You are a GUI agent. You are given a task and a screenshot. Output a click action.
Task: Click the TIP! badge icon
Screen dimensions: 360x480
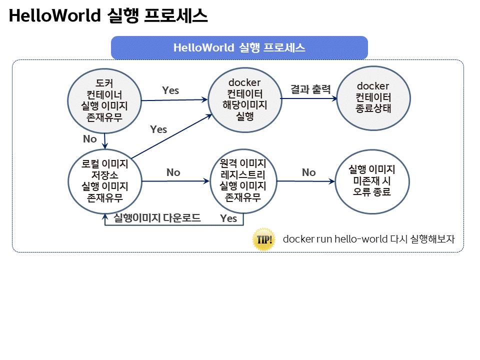(x=263, y=239)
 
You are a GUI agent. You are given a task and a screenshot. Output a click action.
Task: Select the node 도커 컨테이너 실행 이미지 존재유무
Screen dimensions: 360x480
(x=105, y=100)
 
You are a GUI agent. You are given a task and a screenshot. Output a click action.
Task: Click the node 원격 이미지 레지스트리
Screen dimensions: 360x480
(x=243, y=180)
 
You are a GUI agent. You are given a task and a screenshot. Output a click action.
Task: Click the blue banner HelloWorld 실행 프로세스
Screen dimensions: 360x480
(x=239, y=47)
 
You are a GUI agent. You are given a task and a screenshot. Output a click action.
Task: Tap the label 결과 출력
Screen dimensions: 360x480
(x=310, y=90)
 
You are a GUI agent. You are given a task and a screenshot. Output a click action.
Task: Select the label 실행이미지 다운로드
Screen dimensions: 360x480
(x=157, y=217)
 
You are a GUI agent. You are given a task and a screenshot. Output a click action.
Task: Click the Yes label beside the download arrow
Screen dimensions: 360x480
(x=228, y=218)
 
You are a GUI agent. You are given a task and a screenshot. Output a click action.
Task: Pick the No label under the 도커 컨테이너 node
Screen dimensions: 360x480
(x=90, y=139)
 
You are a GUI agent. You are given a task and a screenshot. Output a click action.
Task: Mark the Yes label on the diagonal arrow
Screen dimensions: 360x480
(x=158, y=129)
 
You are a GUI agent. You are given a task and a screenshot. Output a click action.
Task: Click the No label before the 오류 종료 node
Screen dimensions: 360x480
(x=308, y=172)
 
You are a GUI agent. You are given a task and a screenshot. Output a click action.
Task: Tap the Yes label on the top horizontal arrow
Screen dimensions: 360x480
(x=170, y=90)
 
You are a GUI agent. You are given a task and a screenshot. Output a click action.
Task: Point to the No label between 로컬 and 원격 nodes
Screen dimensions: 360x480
(x=173, y=172)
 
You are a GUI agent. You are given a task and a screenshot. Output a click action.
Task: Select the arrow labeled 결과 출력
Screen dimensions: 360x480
(x=309, y=98)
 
